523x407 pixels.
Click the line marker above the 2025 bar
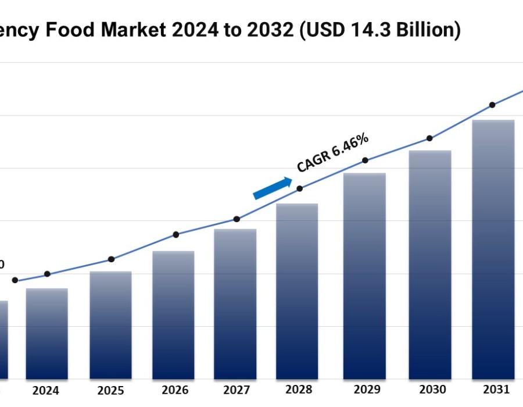(x=112, y=259)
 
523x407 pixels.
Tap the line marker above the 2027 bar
(x=237, y=219)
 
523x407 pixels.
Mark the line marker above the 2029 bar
(x=365, y=160)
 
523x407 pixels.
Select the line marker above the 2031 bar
(x=492, y=105)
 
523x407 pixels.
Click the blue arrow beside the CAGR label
(x=273, y=188)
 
